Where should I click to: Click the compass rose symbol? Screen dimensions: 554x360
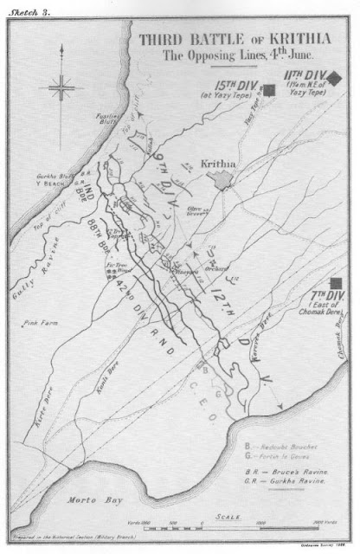(x=62, y=87)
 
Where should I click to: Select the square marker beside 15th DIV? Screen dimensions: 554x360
(x=270, y=88)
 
